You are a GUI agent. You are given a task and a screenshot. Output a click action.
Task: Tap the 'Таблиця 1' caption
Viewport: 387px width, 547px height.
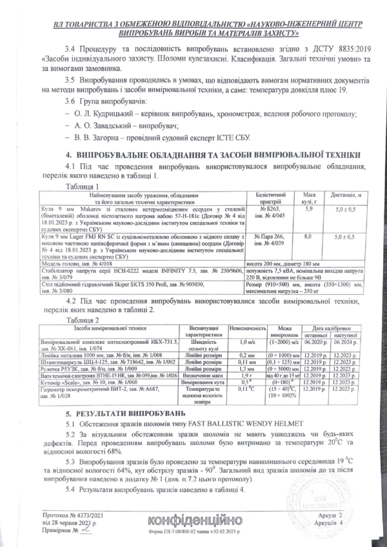[84, 186]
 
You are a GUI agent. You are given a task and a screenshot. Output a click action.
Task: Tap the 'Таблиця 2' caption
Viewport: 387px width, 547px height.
[84, 319]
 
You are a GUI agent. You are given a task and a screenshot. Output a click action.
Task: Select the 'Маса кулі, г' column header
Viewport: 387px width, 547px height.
[308, 197]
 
